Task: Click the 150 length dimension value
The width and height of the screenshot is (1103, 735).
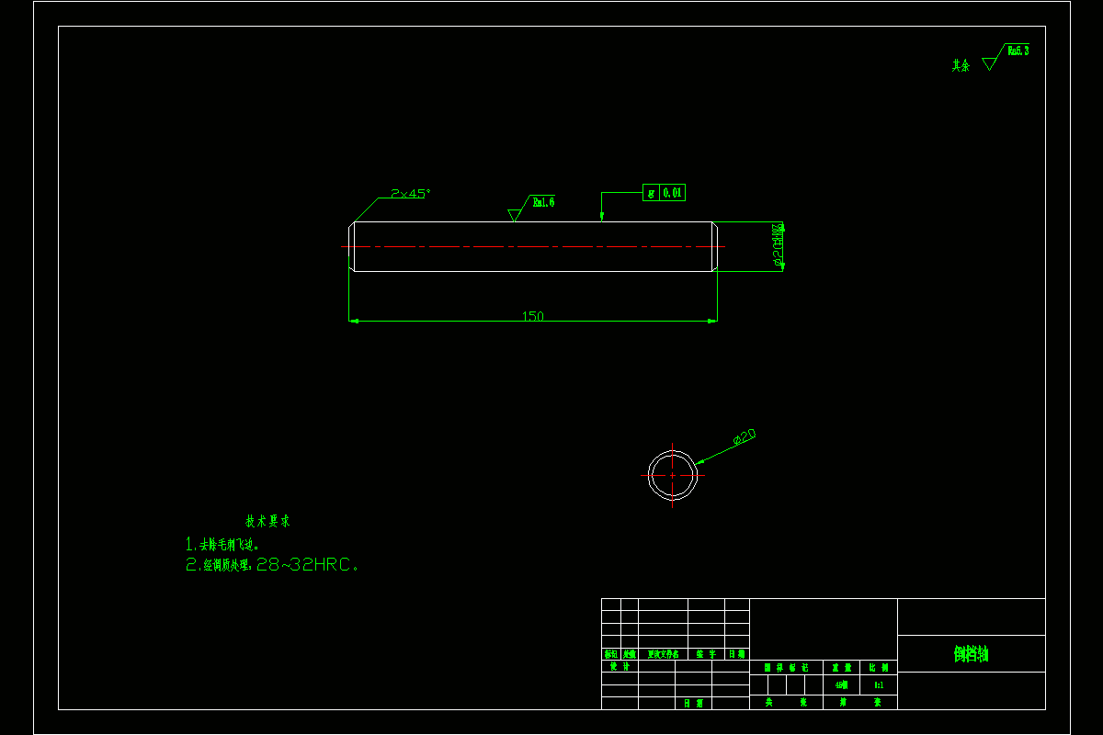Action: pos(532,316)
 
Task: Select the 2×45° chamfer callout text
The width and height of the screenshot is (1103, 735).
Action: pos(410,194)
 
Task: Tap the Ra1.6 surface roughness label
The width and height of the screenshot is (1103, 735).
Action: pos(543,202)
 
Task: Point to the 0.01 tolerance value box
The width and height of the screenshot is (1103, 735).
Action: pos(673,193)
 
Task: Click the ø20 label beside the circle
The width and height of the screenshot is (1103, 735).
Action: pos(745,437)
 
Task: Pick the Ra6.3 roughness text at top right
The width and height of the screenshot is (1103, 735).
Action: pos(1018,51)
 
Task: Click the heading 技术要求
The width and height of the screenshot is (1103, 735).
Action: pos(267,521)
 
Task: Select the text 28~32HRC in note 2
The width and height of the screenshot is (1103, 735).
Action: pos(303,565)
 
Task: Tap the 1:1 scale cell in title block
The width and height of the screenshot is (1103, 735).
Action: pos(879,684)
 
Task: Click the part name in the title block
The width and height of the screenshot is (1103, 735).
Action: pos(971,654)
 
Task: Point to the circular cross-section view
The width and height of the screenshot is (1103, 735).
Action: pos(672,474)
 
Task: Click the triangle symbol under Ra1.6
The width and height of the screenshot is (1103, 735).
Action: pos(514,215)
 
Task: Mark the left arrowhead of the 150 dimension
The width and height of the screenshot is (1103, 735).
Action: pos(354,321)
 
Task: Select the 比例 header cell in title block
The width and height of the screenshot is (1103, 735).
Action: pos(879,668)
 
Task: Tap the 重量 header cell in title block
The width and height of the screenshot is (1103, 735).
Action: pos(841,668)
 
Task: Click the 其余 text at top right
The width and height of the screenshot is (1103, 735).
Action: pos(961,65)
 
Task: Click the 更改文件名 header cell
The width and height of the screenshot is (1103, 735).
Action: pos(663,654)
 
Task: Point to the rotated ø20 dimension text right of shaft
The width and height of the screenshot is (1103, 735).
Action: pos(779,245)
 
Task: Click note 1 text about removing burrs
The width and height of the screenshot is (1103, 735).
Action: pos(222,544)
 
